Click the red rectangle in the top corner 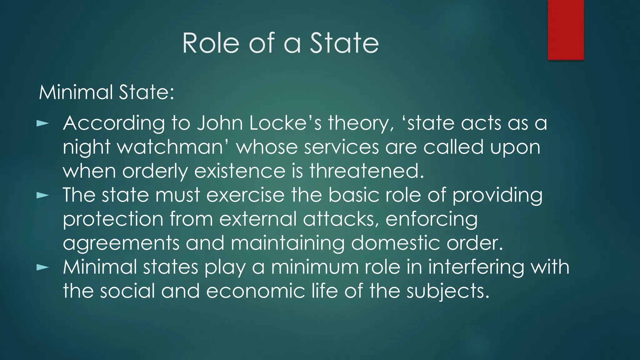pos(566,30)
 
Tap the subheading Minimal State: pos(107,92)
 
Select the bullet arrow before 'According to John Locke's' pos(43,123)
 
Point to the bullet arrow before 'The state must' pos(43,196)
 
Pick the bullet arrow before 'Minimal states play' pos(43,267)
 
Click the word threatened pos(367,171)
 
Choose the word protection pos(113,219)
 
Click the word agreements pos(121,243)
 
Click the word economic pos(255,291)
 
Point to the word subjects pos(447,291)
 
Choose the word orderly pos(155,171)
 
